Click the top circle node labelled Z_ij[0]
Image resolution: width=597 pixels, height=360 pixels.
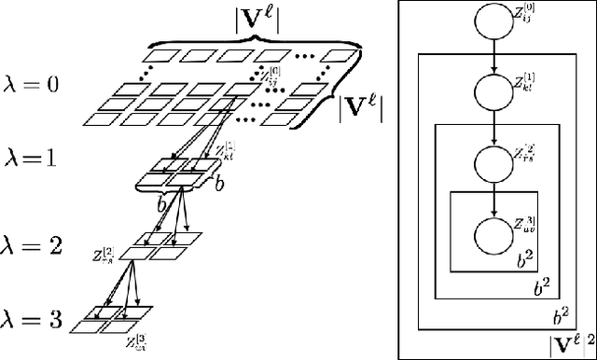(x=495, y=22)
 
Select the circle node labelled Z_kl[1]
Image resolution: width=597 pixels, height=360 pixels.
(x=495, y=91)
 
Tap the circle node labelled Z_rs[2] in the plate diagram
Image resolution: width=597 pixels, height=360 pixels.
(x=495, y=161)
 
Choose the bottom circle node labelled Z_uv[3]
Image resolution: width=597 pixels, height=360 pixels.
(x=495, y=231)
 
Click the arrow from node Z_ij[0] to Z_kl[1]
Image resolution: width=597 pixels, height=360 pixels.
(x=495, y=57)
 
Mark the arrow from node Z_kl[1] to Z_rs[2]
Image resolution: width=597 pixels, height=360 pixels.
(x=495, y=127)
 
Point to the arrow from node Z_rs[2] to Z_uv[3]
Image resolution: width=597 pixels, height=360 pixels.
(x=495, y=197)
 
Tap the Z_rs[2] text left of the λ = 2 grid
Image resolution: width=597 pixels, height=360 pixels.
(x=104, y=252)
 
